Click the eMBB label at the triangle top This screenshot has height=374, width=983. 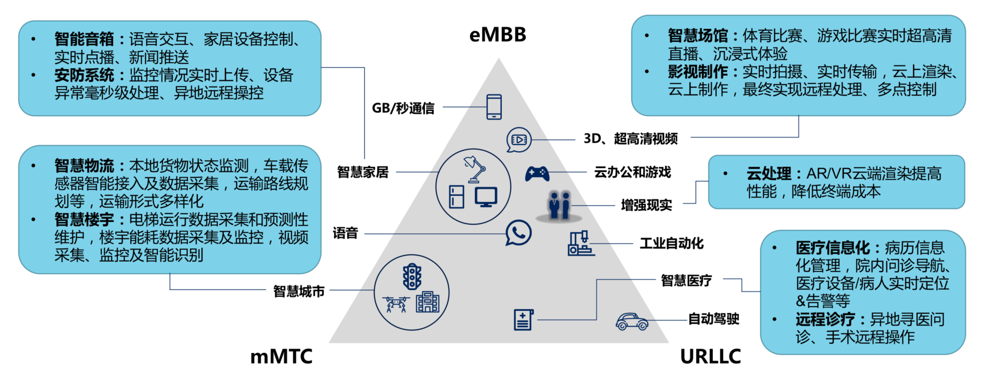498,35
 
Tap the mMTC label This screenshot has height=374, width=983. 281,357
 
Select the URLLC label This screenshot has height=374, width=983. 710,357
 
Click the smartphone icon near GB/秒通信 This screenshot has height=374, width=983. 494,107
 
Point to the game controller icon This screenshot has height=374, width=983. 537,174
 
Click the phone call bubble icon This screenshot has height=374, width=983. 518,233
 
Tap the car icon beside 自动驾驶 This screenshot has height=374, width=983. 632,322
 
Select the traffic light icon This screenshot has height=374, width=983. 412,276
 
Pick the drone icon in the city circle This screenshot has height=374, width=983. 396,304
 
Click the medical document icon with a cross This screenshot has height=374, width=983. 523,320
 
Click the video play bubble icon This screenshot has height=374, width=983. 518,140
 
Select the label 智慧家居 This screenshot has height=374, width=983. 363,172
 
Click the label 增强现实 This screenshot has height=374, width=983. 646,205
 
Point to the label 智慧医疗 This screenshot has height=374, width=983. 686,281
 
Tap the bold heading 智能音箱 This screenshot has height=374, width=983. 84,39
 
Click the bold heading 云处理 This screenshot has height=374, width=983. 769,174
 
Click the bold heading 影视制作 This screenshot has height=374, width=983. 697,72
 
